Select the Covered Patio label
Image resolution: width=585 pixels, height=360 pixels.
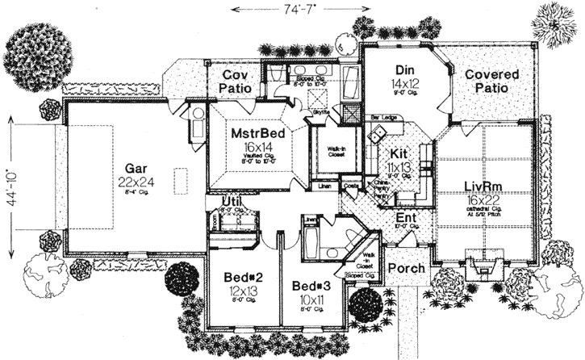pyautogui.click(x=491, y=82)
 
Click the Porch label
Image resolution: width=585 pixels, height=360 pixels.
pyautogui.click(x=403, y=268)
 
